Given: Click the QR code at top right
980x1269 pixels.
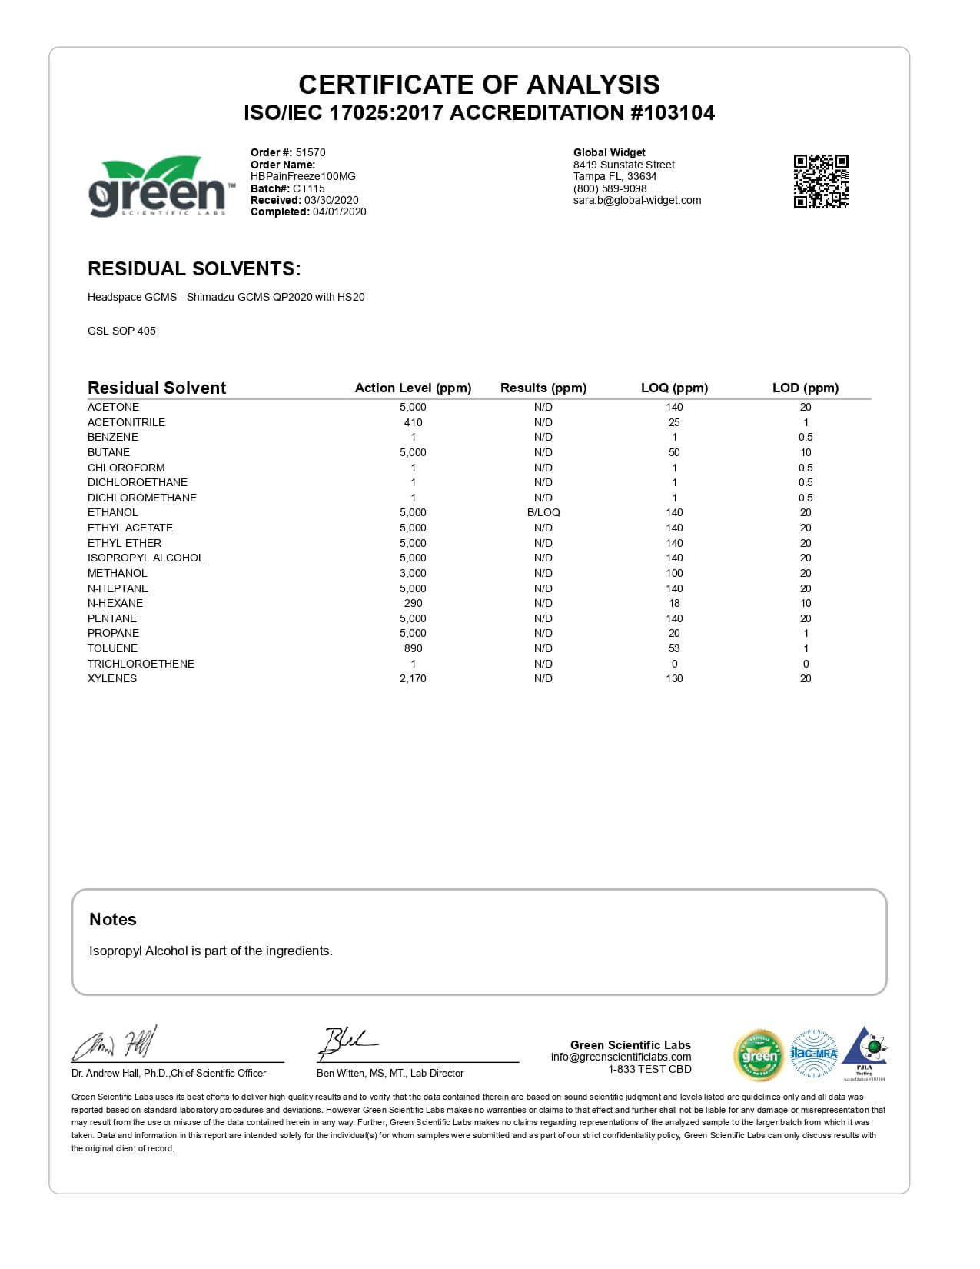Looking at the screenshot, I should coord(821,182).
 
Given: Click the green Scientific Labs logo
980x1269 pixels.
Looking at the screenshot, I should coord(158,187).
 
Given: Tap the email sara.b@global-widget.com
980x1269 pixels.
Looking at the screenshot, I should coord(637,200).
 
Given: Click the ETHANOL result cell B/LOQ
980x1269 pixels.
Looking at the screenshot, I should coord(543,512).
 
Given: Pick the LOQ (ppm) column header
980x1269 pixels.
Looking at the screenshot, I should coord(674,388).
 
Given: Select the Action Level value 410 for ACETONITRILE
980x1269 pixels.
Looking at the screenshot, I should coord(413,422).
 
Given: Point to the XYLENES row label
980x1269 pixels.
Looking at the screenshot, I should coord(112,678).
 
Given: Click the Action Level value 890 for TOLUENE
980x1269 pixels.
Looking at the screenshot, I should coord(413,648).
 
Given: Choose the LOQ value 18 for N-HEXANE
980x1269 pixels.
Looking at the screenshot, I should coord(674,603).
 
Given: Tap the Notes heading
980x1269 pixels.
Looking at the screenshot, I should coord(113,919).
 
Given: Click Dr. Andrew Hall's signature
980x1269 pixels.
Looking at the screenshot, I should coord(115,1044).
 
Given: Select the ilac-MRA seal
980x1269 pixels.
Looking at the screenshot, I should coord(813,1053).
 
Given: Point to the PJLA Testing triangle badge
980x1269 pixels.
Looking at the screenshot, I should coord(865,1051).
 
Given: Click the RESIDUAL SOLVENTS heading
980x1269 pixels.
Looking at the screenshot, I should coord(194,268).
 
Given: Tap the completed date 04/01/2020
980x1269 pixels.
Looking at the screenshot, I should coord(339,211).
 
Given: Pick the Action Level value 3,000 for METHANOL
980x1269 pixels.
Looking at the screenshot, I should coord(413,573).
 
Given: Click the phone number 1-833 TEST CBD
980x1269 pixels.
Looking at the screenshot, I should coord(649,1069).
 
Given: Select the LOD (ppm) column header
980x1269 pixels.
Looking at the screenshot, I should coord(806,388).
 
